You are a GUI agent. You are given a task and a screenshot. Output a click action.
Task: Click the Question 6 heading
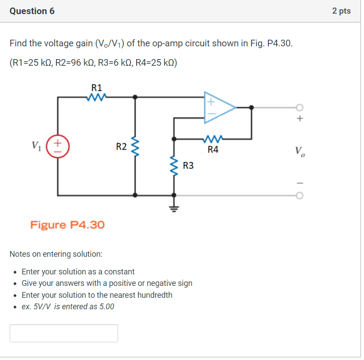click(x=32, y=11)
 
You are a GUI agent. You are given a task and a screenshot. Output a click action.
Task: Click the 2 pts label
click(x=342, y=11)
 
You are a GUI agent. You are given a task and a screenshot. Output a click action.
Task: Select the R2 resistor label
click(x=121, y=146)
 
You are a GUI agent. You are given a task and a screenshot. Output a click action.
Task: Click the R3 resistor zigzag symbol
click(x=175, y=166)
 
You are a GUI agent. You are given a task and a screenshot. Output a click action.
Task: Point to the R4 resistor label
click(x=213, y=150)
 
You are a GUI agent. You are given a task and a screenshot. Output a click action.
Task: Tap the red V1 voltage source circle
click(x=58, y=146)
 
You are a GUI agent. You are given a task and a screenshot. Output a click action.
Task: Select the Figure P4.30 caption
click(x=67, y=225)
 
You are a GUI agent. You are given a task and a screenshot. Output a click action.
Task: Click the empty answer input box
click(x=64, y=333)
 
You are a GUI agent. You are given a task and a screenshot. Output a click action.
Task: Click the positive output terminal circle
click(x=300, y=107)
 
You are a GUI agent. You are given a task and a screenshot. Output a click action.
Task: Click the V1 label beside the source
click(x=37, y=145)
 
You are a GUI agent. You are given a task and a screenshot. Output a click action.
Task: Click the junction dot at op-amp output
click(x=251, y=107)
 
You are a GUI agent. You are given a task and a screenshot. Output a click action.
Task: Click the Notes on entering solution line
click(x=56, y=254)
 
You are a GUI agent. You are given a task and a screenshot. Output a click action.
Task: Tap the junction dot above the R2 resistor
click(x=135, y=97)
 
